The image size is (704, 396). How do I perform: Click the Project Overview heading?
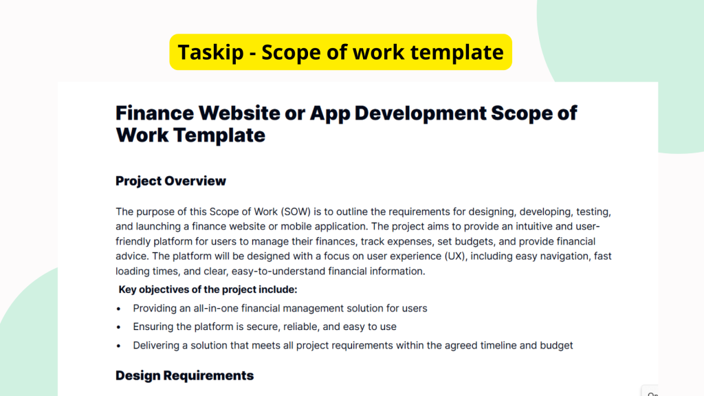(170, 181)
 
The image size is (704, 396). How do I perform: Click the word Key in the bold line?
(129, 289)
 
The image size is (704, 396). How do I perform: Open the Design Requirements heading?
(184, 375)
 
